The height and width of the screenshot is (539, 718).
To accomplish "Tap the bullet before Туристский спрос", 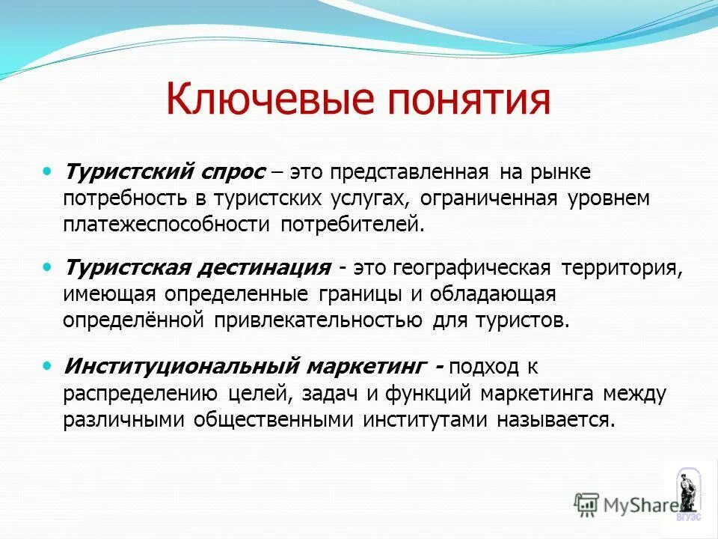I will pos(49,171).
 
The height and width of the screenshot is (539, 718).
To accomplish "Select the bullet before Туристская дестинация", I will pos(49,266).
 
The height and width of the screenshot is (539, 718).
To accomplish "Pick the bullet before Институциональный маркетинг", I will pos(49,366).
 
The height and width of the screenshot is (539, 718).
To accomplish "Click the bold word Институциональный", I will pos(182,368).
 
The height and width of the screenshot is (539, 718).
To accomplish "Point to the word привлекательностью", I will pos(319,320).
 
